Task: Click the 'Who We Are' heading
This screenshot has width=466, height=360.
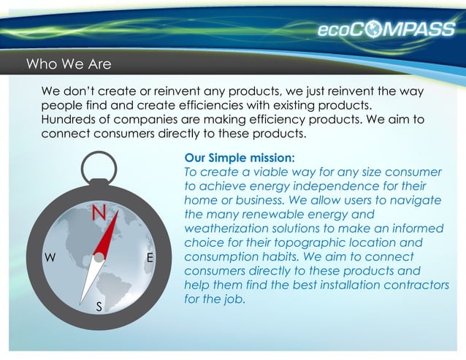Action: (x=69, y=64)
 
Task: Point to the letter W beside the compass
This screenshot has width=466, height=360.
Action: (x=50, y=258)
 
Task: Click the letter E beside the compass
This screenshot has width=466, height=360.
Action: (x=150, y=258)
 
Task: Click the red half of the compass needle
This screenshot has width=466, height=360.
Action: (x=107, y=233)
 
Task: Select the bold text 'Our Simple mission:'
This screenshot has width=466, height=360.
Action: (x=240, y=158)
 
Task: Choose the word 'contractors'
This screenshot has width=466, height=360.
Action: (x=415, y=285)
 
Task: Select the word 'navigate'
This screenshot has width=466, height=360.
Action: (x=416, y=200)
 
